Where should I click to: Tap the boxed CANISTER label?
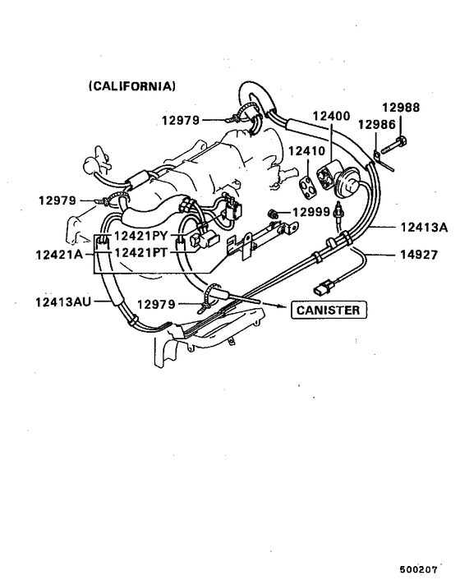[x=328, y=310]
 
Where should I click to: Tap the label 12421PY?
[x=141, y=237]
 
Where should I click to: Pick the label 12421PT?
[x=141, y=253]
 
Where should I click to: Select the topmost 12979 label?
[x=181, y=120]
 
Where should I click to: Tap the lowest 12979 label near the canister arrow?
[x=155, y=303]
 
